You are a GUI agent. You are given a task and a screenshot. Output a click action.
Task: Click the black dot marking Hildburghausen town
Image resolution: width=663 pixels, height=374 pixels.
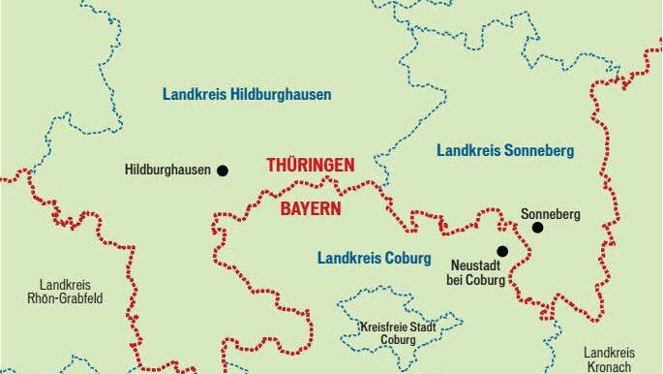click(223, 171)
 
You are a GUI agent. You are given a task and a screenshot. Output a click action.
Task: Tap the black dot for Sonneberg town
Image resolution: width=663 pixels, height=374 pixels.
click(537, 228)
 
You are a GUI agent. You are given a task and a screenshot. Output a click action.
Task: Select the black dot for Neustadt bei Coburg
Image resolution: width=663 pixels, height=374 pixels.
click(501, 250)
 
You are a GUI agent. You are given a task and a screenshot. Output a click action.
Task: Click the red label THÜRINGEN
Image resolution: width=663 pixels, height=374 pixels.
click(310, 166)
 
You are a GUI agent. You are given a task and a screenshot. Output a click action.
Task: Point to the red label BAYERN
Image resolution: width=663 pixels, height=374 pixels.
click(311, 207)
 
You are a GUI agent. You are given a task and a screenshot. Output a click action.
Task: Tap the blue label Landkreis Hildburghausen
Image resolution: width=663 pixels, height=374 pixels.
click(247, 95)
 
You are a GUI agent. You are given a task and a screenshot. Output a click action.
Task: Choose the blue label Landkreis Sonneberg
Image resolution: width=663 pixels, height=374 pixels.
click(505, 151)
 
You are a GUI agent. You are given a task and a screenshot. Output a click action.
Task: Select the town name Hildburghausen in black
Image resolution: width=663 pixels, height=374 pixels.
click(167, 171)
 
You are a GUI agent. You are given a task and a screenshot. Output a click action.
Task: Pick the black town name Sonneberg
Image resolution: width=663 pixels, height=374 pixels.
click(551, 214)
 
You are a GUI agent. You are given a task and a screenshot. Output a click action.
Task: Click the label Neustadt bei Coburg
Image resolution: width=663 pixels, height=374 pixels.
click(478, 272)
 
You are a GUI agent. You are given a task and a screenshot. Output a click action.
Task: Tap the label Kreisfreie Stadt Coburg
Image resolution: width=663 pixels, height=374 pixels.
click(397, 334)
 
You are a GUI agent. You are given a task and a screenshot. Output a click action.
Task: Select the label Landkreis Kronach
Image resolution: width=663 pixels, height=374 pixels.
click(609, 358)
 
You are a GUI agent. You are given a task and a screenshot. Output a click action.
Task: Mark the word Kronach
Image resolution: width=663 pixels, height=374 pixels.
click(609, 366)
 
